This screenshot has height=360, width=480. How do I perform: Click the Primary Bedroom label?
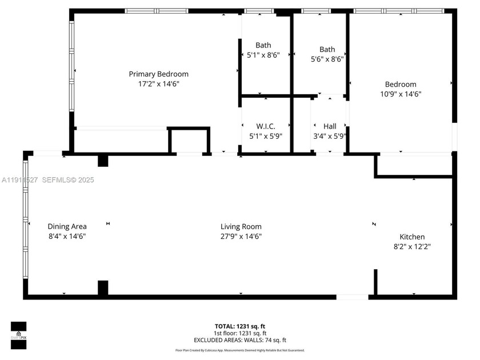coord(158,74)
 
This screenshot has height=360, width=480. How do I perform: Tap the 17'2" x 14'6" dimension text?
coord(158,83)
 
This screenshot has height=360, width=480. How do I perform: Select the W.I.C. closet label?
coord(266,126)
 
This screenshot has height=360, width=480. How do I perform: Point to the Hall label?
coord(330,126)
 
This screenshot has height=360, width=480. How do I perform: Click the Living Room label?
coord(241,226)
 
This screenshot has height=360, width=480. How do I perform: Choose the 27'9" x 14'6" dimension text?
coord(241,236)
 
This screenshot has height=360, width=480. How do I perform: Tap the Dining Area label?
coord(67,226)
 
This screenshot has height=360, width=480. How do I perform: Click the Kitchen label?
coord(411,237)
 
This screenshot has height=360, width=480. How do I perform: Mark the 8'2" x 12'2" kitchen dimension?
coord(411,246)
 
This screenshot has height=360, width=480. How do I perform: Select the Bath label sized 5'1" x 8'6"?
coord(263,45)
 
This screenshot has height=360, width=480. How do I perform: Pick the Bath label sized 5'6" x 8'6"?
coord(327,49)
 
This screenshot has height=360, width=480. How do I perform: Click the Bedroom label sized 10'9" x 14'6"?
coord(401,84)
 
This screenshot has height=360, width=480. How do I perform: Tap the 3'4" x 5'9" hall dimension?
coord(330,136)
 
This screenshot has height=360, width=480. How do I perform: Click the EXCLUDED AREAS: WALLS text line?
coord(240,339)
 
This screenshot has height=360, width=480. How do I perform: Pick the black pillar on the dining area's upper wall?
coord(103,161)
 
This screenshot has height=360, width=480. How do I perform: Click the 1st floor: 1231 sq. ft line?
coord(240,333)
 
